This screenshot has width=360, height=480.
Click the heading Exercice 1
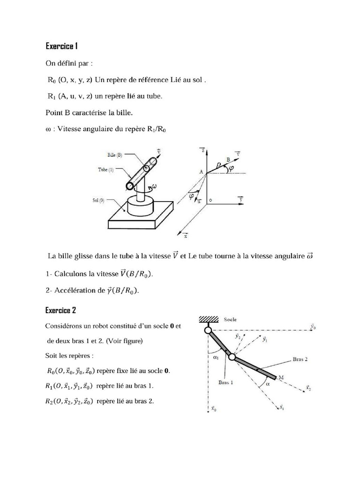(x=61, y=46)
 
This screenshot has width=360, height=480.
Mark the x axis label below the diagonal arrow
(x=185, y=237)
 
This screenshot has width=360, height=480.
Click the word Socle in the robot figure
(x=231, y=320)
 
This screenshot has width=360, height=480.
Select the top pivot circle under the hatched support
(x=207, y=330)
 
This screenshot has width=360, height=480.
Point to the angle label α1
(x=216, y=358)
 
